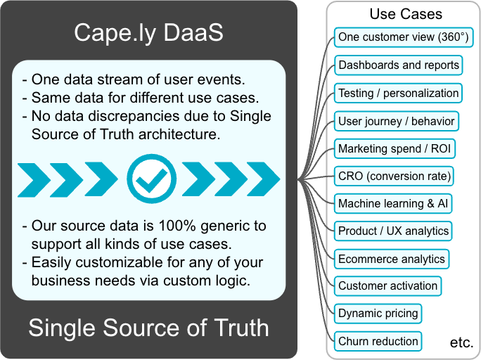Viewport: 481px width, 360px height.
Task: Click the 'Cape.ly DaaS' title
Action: tap(149, 33)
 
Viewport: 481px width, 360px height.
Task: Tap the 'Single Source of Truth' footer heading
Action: tap(149, 328)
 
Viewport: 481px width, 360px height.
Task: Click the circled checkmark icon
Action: tap(151, 179)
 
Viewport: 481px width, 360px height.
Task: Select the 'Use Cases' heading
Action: tap(406, 14)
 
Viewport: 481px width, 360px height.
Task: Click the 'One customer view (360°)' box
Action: tap(404, 37)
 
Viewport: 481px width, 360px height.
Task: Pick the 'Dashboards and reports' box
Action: tap(399, 65)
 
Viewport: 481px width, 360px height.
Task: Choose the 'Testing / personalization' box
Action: tap(398, 94)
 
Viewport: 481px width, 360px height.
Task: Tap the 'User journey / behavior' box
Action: tap(397, 121)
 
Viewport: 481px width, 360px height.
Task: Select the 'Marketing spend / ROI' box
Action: tap(395, 149)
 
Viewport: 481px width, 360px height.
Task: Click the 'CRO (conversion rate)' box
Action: tap(394, 176)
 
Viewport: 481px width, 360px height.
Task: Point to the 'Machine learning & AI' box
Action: tap(393, 204)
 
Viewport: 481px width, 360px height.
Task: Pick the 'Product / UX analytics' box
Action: tap(393, 231)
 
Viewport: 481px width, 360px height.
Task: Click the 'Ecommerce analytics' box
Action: tap(392, 259)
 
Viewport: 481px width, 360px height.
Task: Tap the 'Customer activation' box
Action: tap(387, 286)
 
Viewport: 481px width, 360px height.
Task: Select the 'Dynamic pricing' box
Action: tap(378, 314)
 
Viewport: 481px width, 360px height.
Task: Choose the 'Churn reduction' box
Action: tap(378, 341)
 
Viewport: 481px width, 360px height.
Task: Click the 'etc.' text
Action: tap(462, 342)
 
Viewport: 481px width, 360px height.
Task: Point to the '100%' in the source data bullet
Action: tap(177, 226)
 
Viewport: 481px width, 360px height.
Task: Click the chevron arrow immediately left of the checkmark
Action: tap(101, 179)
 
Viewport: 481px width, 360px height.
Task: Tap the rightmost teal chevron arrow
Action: tap(264, 179)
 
